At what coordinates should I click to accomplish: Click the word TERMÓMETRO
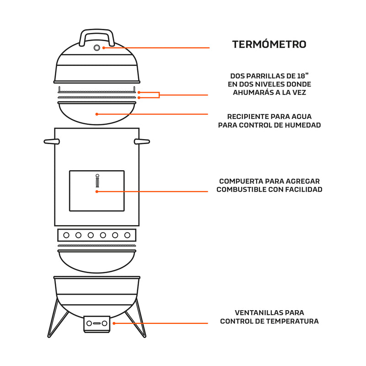269,44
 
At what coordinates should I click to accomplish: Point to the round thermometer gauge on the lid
97,48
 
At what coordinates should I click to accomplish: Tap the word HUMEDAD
302,125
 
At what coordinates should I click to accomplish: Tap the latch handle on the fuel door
97,181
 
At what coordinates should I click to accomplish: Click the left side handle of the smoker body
51,141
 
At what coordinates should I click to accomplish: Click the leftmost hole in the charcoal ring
67,235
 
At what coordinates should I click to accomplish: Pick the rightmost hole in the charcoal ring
128,235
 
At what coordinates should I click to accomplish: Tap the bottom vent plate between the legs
97,323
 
